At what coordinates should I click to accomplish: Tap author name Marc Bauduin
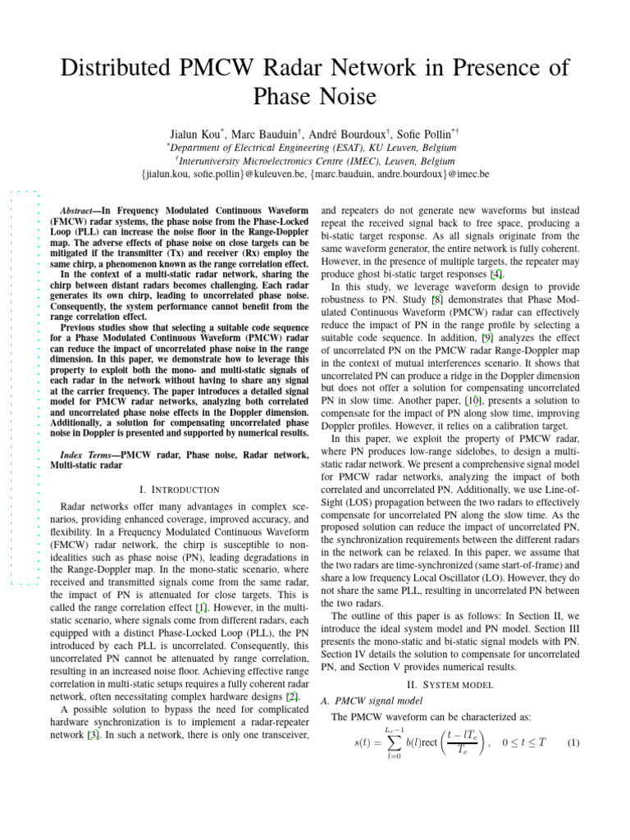click(289, 133)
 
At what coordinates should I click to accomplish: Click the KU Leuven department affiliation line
click(314, 147)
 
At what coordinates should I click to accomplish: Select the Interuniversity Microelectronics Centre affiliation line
click(315, 161)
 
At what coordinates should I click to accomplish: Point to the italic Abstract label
click(82, 211)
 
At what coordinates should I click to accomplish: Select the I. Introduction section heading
click(180, 489)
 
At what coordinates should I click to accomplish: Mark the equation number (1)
click(573, 743)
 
